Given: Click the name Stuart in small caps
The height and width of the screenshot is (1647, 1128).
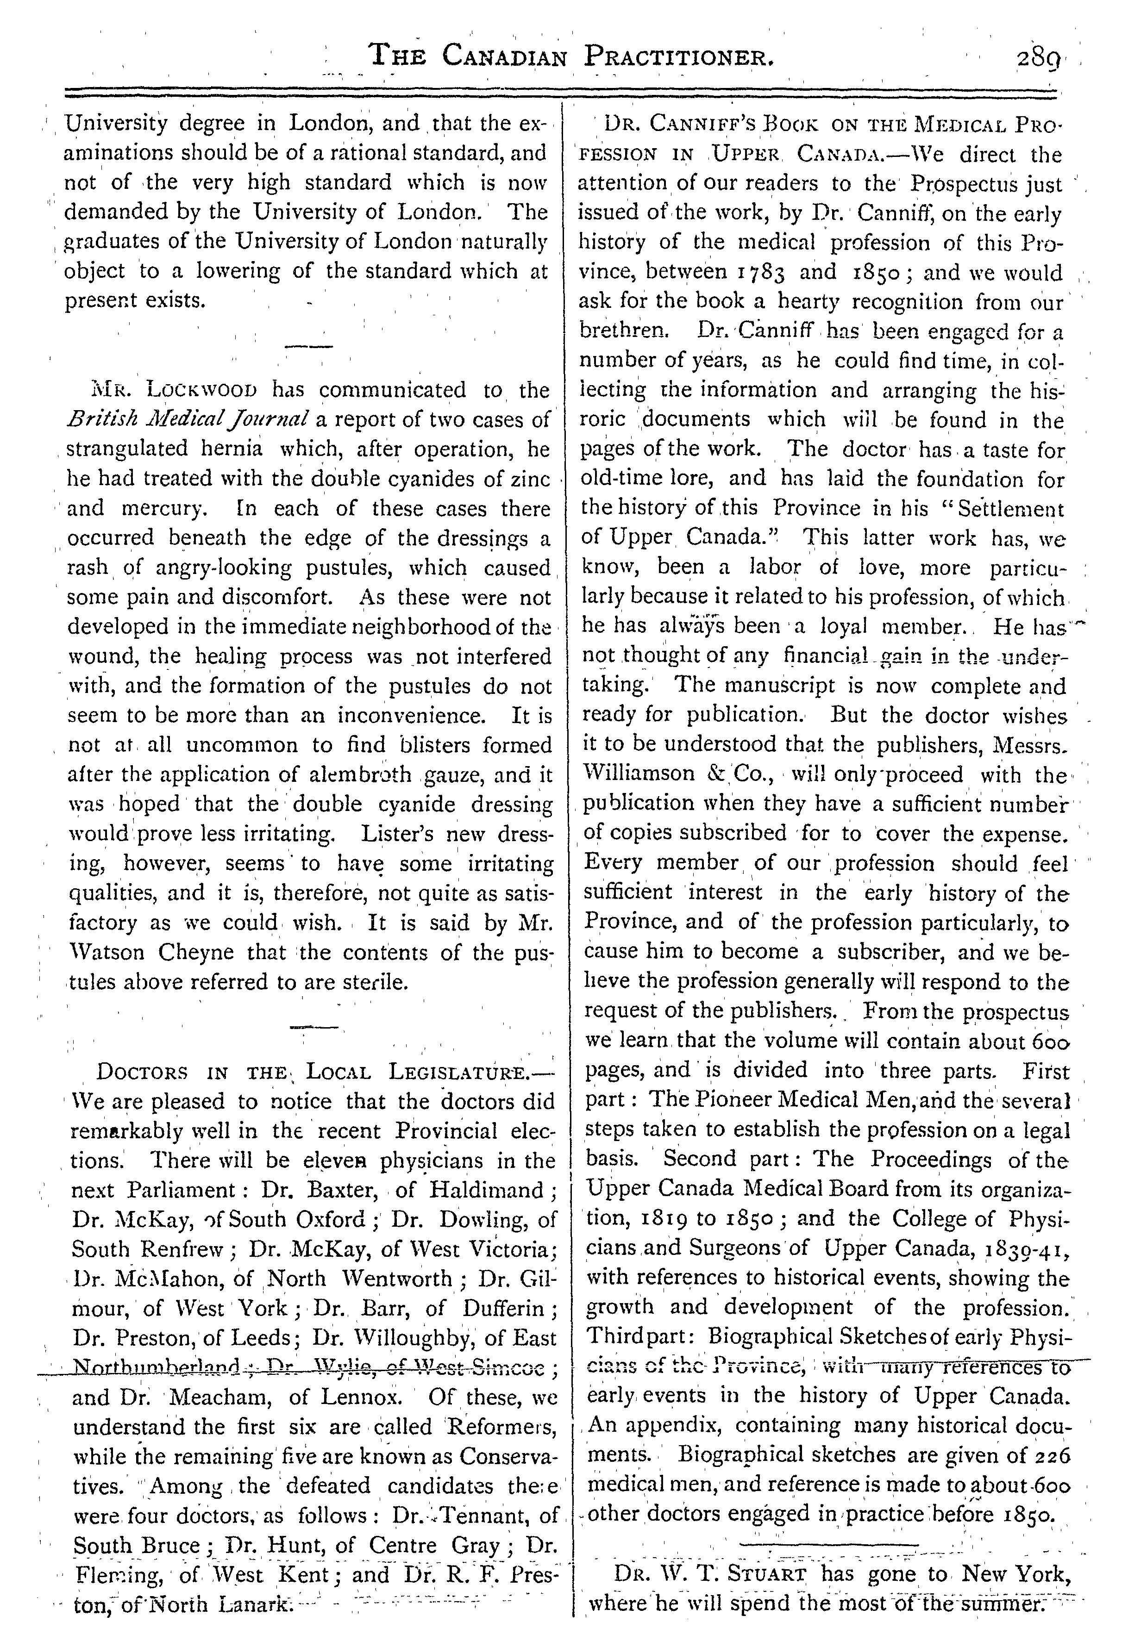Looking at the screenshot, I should [x=767, y=1595].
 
